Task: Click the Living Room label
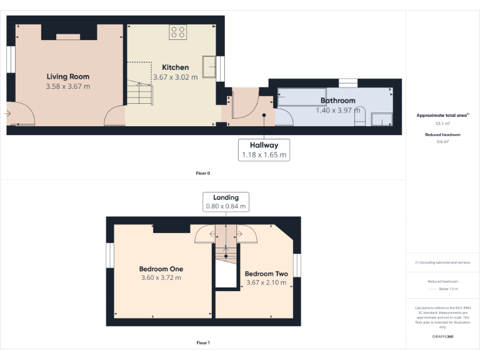pos(67,77)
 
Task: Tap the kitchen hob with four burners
pos(177,32)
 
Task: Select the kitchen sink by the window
pos(209,67)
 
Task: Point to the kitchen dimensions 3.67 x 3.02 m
pos(175,77)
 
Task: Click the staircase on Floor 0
pos(139,94)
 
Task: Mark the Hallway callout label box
pos(264,149)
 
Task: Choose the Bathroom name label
pos(337,101)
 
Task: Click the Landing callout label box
pos(226,202)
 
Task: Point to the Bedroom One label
pos(161,269)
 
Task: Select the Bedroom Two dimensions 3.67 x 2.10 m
pos(265,282)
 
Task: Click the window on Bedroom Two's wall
pos(297,265)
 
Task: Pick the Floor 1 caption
pos(203,343)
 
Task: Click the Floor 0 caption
pos(203,172)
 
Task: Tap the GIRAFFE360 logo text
pos(442,337)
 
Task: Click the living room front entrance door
pos(20,114)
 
